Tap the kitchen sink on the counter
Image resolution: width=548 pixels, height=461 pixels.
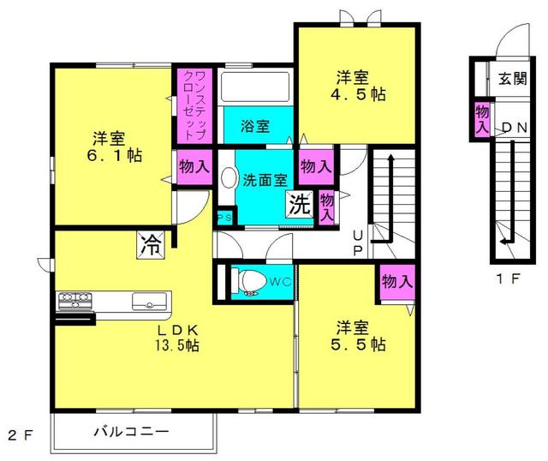[x=149, y=302]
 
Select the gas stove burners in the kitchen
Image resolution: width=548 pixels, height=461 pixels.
[x=75, y=301]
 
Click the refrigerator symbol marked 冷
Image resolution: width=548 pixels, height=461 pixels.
[x=151, y=245]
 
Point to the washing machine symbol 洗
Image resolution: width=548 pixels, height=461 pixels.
[x=299, y=204]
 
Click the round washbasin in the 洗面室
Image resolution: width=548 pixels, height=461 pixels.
[x=229, y=177]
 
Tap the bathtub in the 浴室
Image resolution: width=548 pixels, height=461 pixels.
[x=255, y=87]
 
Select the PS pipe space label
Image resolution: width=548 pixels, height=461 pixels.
[x=224, y=218]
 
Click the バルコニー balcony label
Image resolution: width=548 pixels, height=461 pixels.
[x=131, y=431]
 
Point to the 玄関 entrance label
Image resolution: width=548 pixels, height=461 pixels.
[x=513, y=78]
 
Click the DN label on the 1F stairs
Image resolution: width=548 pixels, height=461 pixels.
[x=515, y=128]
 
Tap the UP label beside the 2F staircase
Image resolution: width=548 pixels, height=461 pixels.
[x=358, y=244]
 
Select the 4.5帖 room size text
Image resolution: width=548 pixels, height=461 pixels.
[x=358, y=94]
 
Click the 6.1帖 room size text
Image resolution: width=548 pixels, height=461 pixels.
[x=114, y=155]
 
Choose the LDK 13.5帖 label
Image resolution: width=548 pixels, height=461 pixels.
[x=177, y=338]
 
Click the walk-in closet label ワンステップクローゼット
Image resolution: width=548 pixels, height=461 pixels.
[x=194, y=105]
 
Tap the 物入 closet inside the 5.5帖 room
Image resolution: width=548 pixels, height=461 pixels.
[x=397, y=282]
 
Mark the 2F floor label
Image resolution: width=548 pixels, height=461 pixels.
[x=21, y=435]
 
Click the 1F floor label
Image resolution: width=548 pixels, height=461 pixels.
[x=508, y=278]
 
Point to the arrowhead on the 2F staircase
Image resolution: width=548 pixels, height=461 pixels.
[x=390, y=159]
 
